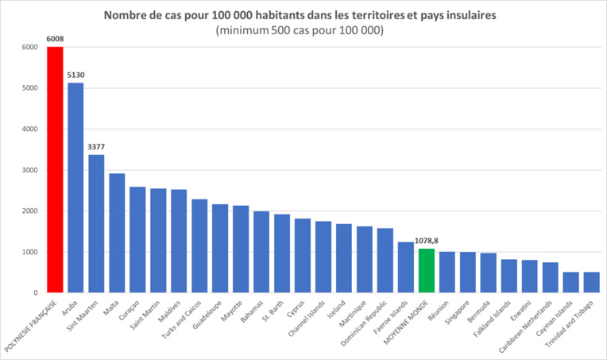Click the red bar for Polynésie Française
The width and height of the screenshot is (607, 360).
pos(56,170)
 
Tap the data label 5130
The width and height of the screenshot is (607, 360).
pos(76,75)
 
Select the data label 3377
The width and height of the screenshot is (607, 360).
pos(97,146)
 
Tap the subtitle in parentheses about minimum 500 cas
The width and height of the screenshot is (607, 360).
pos(300,30)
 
